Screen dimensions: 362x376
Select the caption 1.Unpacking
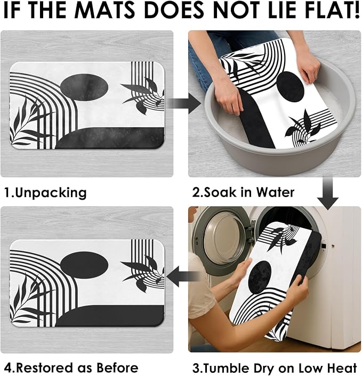point(45,193)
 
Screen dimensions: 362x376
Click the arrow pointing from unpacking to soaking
point(184,104)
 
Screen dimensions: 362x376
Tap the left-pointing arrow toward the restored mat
point(183,276)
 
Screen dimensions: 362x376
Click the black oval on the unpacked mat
point(84,87)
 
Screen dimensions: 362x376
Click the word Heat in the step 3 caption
point(343,368)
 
